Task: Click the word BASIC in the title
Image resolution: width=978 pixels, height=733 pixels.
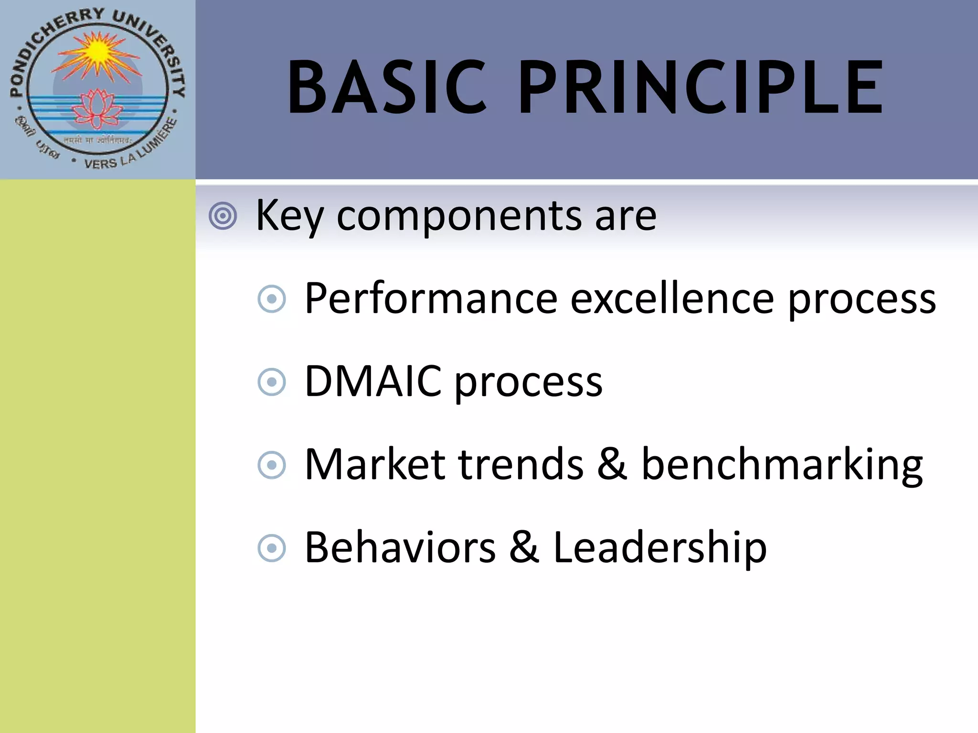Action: click(387, 88)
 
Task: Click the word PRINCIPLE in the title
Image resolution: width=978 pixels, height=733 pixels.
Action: click(700, 88)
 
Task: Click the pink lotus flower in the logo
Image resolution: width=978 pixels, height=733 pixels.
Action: click(97, 109)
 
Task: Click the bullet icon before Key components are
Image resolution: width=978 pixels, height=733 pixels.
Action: click(223, 216)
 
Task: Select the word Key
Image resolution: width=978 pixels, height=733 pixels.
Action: click(289, 216)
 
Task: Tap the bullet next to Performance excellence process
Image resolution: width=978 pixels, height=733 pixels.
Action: click(271, 299)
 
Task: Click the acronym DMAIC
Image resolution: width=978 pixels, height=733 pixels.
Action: click(373, 381)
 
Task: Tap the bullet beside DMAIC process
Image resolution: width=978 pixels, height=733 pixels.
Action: click(271, 382)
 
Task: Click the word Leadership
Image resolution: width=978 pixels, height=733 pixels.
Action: click(659, 548)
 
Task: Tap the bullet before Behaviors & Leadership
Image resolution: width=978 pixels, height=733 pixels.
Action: click(271, 548)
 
